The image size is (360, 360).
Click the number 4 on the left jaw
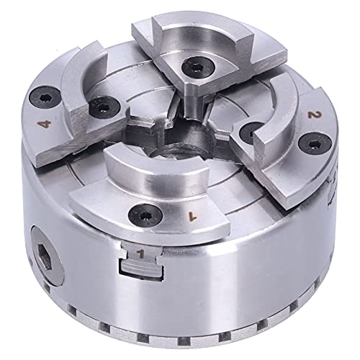tap(48, 124)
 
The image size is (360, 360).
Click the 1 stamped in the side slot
tap(139, 253)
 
